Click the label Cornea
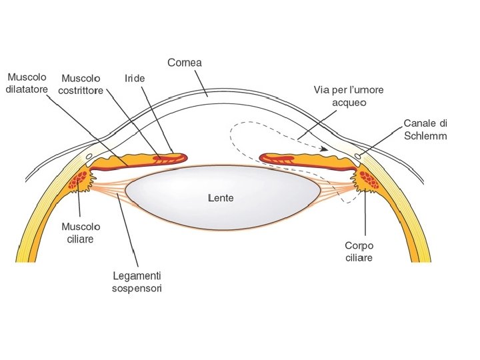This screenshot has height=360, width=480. point(185,63)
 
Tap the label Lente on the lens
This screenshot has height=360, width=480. point(221,198)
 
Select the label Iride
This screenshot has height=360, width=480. point(135,78)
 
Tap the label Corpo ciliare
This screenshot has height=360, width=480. point(359,251)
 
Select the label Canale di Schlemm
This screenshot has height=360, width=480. point(425,129)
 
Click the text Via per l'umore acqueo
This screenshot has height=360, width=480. point(349,95)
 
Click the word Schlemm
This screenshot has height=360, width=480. point(425,135)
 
